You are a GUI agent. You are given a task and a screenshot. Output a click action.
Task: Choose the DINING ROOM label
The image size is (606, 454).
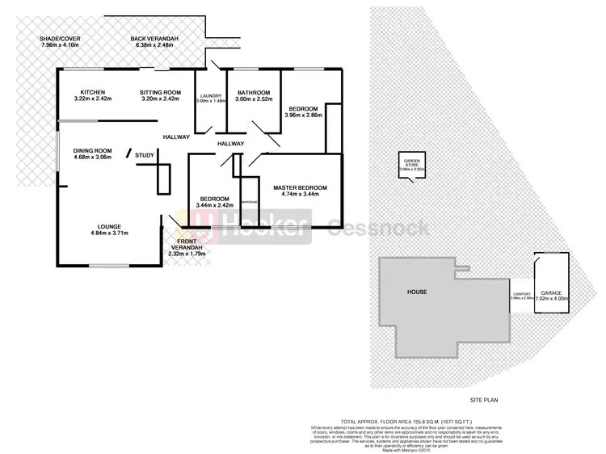point(91,151)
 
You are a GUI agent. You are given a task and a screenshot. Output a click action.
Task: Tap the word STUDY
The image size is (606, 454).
point(145,155)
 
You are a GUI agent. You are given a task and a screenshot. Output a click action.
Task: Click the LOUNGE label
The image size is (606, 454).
point(109,227)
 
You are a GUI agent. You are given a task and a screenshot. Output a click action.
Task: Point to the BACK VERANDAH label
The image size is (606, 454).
point(158,39)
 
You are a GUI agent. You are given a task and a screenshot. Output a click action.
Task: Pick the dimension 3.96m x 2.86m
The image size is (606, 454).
point(303,116)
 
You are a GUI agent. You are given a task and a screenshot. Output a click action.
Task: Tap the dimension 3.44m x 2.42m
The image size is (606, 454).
point(214,205)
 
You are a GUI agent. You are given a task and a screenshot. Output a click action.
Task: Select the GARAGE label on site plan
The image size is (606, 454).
point(551,293)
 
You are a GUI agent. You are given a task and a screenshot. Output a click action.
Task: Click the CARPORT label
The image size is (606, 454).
point(521,293)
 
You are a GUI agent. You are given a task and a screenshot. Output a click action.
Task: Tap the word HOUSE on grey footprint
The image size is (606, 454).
point(417,292)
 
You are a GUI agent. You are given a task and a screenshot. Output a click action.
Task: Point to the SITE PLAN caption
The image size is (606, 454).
point(487,400)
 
